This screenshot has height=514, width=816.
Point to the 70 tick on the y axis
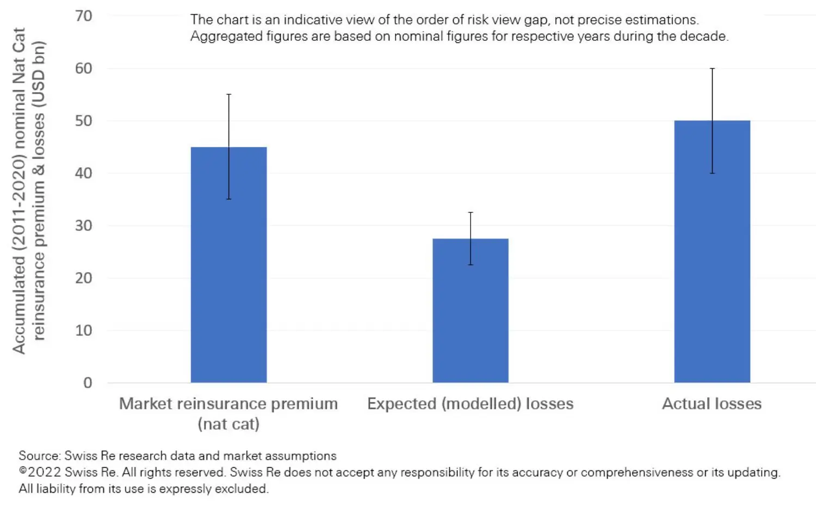[84, 16]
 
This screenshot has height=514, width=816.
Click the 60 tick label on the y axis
[84, 69]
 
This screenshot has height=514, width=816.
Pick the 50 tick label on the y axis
[84, 121]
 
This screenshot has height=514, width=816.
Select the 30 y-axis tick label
[84, 225]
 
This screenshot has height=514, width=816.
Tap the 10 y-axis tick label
[84, 331]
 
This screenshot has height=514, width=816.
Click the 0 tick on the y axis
[88, 383]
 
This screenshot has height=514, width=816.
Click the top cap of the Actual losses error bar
[712, 69]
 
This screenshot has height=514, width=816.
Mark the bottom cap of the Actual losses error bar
[712, 173]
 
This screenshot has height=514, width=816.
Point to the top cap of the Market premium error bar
[228, 95]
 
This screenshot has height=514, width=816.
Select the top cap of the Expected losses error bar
[470, 212]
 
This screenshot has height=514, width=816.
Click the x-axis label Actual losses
[712, 403]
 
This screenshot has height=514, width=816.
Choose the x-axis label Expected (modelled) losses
[470, 403]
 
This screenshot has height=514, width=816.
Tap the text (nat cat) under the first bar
[228, 424]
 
